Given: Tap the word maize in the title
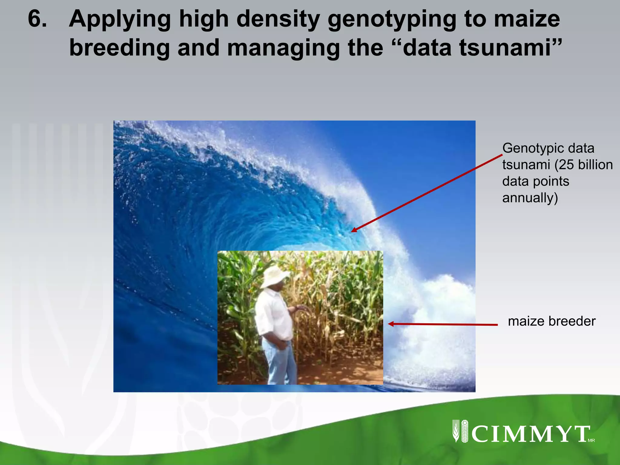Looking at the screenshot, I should tap(526, 19).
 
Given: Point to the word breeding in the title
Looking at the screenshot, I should tap(119, 48).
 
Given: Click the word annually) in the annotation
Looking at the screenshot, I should tap(530, 198).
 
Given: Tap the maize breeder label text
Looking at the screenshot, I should tap(552, 321).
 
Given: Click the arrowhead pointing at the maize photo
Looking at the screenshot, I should tap(391, 324).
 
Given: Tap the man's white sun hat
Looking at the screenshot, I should tap(274, 276).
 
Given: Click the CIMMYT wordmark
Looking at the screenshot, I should tap(530, 434).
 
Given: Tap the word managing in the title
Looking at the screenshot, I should tap(283, 48).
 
